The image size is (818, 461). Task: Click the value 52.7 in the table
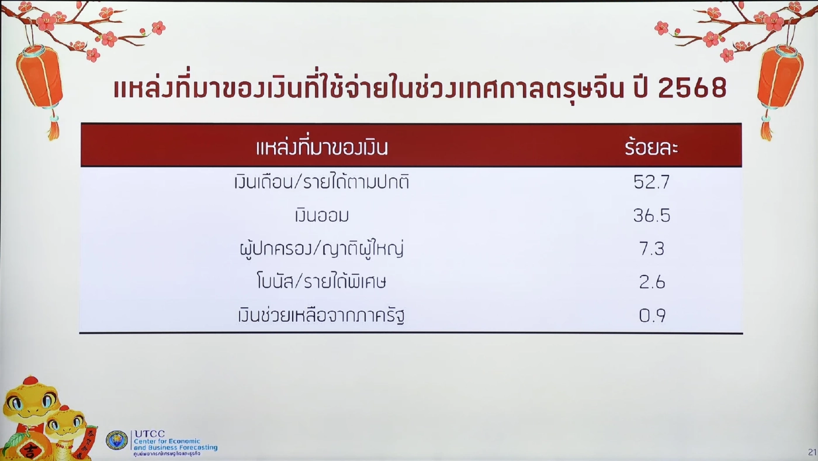pyautogui.click(x=651, y=183)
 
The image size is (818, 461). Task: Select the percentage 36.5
pyautogui.click(x=651, y=216)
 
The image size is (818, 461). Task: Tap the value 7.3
pyautogui.click(x=651, y=249)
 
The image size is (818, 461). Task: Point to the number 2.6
pyautogui.click(x=651, y=283)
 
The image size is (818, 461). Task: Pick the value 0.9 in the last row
pyautogui.click(x=651, y=316)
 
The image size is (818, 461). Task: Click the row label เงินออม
pyautogui.click(x=322, y=216)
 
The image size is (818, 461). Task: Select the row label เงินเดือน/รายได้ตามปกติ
pyautogui.click(x=322, y=183)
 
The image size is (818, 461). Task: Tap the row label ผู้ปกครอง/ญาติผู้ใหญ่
pyautogui.click(x=322, y=250)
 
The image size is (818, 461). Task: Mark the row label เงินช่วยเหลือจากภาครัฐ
pyautogui.click(x=322, y=316)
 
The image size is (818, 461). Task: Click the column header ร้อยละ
pyautogui.click(x=651, y=147)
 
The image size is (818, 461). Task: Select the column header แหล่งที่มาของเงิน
pyautogui.click(x=322, y=147)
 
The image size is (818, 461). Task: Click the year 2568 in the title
pyautogui.click(x=692, y=89)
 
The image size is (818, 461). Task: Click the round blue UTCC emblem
pyautogui.click(x=117, y=440)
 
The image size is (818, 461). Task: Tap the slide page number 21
pyautogui.click(x=812, y=452)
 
